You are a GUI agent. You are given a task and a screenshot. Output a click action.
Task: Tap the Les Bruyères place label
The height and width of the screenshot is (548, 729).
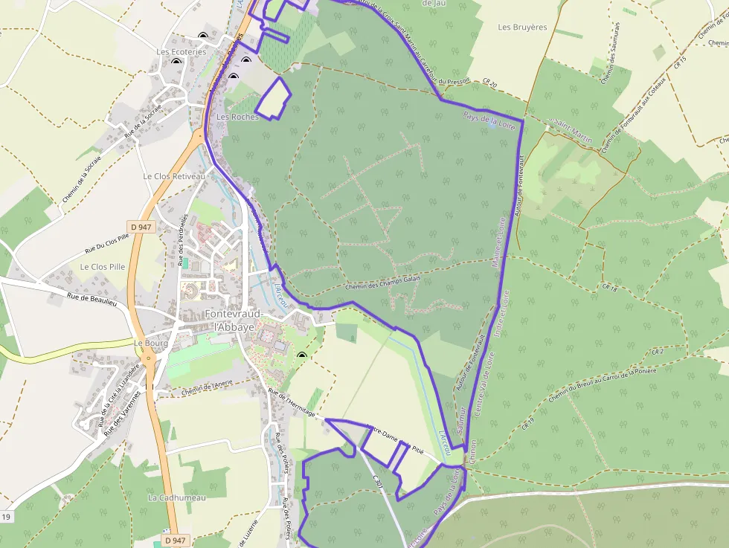coord(522,28)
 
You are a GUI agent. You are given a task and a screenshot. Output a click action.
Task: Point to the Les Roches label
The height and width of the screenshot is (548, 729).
coord(237,117)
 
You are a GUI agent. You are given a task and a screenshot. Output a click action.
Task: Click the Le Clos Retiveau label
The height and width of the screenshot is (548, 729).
coord(173,177)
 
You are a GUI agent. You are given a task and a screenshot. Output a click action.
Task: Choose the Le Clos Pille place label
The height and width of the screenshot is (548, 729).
coord(103,266)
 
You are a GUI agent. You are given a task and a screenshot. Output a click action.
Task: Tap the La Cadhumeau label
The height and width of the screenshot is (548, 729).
coord(176,497)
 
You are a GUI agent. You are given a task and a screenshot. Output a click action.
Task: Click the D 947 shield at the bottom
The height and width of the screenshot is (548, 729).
coord(174,541)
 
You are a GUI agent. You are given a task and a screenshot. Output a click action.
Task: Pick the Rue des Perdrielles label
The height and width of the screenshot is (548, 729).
coord(184,239)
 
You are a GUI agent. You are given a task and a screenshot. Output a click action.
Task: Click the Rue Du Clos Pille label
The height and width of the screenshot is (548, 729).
coord(106,242)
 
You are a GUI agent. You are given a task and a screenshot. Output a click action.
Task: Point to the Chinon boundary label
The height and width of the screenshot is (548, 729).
coord(472,451)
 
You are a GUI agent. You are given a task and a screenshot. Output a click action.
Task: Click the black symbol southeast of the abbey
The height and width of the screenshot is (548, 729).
coord(301,357)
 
